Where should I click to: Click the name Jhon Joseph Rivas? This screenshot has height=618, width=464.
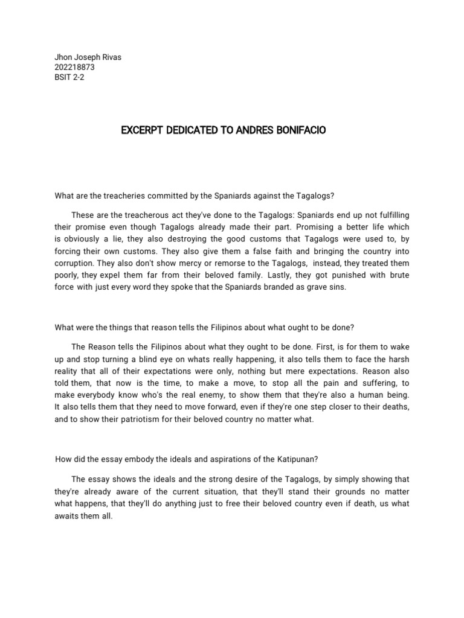[88, 57]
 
